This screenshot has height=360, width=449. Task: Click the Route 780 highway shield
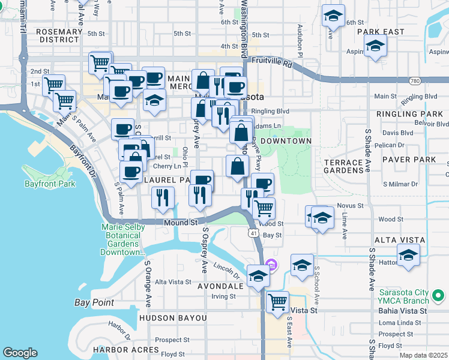pyautogui.click(x=415, y=80)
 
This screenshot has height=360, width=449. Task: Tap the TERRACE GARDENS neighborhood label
pyautogui.click(x=343, y=166)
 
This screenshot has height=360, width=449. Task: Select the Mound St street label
pyautogui.click(x=181, y=222)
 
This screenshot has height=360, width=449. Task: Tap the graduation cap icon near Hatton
pyautogui.click(x=408, y=255)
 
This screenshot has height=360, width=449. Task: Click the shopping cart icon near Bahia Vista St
pyautogui.click(x=277, y=302)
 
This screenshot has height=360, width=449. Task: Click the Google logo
pyautogui.click(x=20, y=353)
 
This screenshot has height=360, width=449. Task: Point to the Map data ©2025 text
pyautogui.click(x=424, y=355)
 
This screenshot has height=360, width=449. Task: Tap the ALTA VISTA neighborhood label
pyautogui.click(x=400, y=240)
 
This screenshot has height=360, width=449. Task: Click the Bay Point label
pyautogui.click(x=94, y=302)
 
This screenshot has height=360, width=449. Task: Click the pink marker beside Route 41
pyautogui.click(x=271, y=265)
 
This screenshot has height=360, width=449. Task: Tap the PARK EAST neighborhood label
pyautogui.click(x=381, y=32)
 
